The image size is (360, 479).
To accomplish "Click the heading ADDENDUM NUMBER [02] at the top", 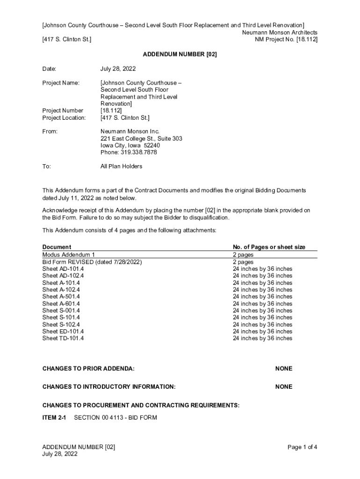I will [180, 55].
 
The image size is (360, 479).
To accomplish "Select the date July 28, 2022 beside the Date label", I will [118, 69].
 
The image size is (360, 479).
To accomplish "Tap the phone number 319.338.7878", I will [129, 152].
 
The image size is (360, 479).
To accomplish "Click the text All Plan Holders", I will [121, 167].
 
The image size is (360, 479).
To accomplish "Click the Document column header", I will [57, 247].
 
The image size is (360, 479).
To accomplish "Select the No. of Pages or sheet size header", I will [269, 247].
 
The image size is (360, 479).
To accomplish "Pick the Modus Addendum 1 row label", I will [69, 255].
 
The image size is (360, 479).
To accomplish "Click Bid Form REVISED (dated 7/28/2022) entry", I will [92, 262].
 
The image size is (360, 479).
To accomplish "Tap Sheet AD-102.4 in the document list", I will [63, 276].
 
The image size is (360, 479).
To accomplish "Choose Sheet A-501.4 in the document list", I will [61, 297].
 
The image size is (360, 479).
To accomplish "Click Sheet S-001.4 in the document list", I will [61, 311].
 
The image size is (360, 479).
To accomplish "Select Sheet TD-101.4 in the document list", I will [63, 338].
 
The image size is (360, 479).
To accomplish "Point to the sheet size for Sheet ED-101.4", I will [262, 331].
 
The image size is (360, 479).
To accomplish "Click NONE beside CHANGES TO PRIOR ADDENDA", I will [284, 369].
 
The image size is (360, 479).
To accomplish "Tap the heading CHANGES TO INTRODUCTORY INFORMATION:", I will [109, 387].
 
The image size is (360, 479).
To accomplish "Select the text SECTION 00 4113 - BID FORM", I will [115, 417].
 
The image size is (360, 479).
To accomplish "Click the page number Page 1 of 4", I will [302, 447].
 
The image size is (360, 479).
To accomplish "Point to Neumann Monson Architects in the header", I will [280, 32].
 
